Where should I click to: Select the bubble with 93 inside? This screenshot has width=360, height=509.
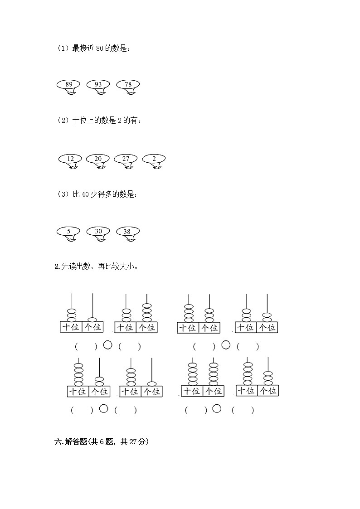(98, 84)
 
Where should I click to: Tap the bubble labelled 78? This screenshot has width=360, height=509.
(128, 84)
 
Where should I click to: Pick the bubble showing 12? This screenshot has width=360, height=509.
(70, 159)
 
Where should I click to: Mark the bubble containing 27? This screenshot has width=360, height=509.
(126, 159)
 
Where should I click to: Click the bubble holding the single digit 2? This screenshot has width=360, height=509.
(154, 159)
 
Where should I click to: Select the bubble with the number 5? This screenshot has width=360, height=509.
(68, 232)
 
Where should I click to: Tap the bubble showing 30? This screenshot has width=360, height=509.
(98, 232)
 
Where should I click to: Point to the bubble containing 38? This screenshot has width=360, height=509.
(127, 232)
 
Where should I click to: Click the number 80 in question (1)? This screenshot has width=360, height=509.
(100, 48)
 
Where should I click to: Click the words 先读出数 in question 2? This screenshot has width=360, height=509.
(75, 267)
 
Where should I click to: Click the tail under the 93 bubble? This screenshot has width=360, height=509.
(102, 94)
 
